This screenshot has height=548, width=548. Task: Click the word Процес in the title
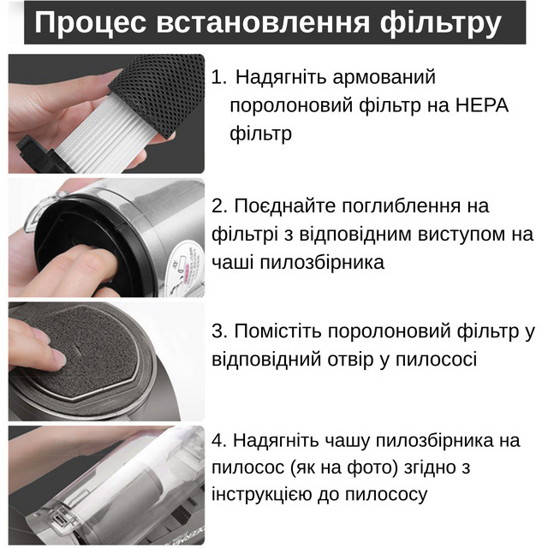[90, 23]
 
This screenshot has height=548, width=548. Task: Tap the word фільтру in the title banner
[441, 23]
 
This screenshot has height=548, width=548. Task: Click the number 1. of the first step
[219, 77]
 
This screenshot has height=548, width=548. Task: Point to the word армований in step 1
[384, 78]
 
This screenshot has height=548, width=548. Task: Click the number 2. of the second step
[219, 205]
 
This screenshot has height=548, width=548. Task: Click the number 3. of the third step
[219, 331]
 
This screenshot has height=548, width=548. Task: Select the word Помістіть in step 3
[277, 331]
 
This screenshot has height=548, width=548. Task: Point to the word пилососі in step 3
[436, 360]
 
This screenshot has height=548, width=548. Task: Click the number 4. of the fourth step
[219, 440]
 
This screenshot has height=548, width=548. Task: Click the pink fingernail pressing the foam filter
[59, 358]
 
